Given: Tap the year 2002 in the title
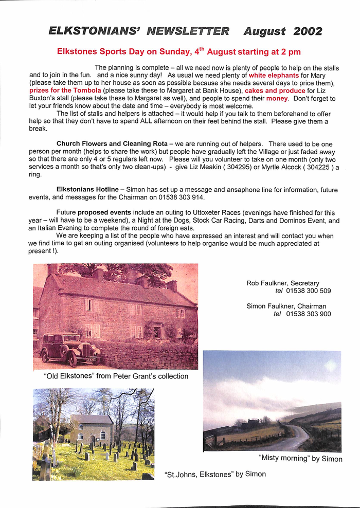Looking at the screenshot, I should tap(308, 31).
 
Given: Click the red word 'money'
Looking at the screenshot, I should tap(277, 98).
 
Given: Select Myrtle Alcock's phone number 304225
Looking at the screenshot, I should tap(315, 167).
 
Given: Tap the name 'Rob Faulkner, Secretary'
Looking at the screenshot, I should tap(283, 283).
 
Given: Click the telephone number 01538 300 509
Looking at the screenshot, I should tap(309, 291).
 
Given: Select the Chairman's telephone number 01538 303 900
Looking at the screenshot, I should tap(309, 314).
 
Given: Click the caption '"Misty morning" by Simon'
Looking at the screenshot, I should tap(300, 459).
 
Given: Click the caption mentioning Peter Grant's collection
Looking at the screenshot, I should tap(116, 376).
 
